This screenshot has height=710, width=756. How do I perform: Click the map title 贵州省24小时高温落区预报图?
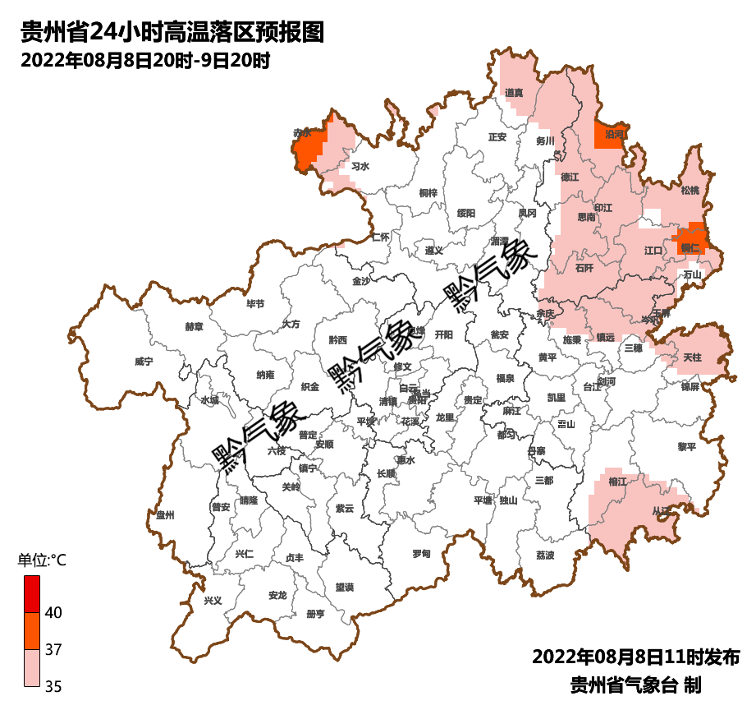click(x=173, y=32)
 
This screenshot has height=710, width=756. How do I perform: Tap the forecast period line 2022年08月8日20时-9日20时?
click(x=144, y=60)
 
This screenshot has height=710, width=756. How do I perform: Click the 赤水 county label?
click(x=303, y=132)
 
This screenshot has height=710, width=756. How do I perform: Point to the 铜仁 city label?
click(x=690, y=247)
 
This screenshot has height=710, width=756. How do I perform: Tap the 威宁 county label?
click(x=144, y=362)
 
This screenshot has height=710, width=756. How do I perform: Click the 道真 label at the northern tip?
click(x=515, y=93)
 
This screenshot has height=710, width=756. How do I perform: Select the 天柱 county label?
click(x=692, y=357)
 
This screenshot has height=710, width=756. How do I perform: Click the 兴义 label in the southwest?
click(x=213, y=600)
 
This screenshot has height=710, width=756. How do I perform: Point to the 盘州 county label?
click(x=165, y=515)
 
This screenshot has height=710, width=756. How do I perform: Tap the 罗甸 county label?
click(x=420, y=554)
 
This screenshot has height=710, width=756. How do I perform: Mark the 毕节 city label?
click(x=255, y=304)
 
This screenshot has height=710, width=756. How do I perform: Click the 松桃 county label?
click(x=690, y=191)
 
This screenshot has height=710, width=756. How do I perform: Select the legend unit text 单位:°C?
click(x=42, y=560)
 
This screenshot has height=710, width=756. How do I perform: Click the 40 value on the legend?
click(x=53, y=612)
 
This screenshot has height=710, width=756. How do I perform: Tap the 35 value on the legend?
click(x=53, y=686)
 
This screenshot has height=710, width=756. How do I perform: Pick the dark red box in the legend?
click(x=31, y=593)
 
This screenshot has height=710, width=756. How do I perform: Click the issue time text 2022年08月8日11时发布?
click(x=636, y=657)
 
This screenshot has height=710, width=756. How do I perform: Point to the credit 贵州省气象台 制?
click(x=636, y=685)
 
